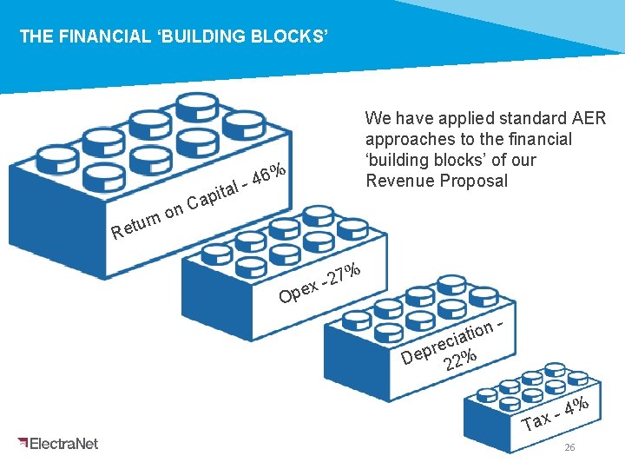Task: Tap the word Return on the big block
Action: point(135,222)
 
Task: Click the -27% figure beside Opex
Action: point(341,274)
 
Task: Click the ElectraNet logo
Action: point(58,443)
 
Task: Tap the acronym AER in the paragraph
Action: point(589,118)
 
